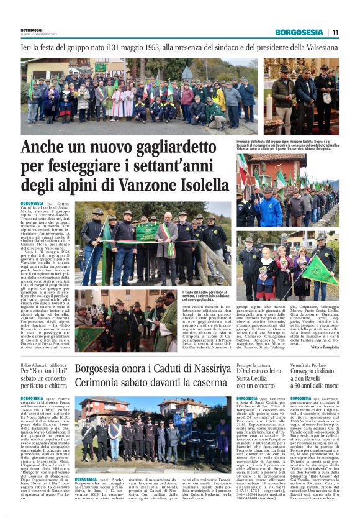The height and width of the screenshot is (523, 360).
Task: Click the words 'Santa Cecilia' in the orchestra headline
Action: tap(254, 385)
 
